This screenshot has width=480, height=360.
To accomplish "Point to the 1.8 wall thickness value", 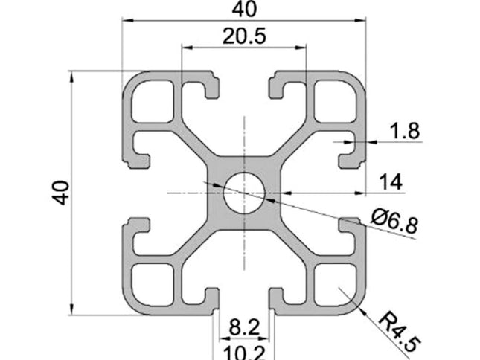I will pyautogui.click(x=404, y=131).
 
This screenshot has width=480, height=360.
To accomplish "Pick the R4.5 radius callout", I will pyautogui.click(x=400, y=332).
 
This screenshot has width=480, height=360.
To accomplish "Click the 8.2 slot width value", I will pyautogui.click(x=244, y=324).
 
